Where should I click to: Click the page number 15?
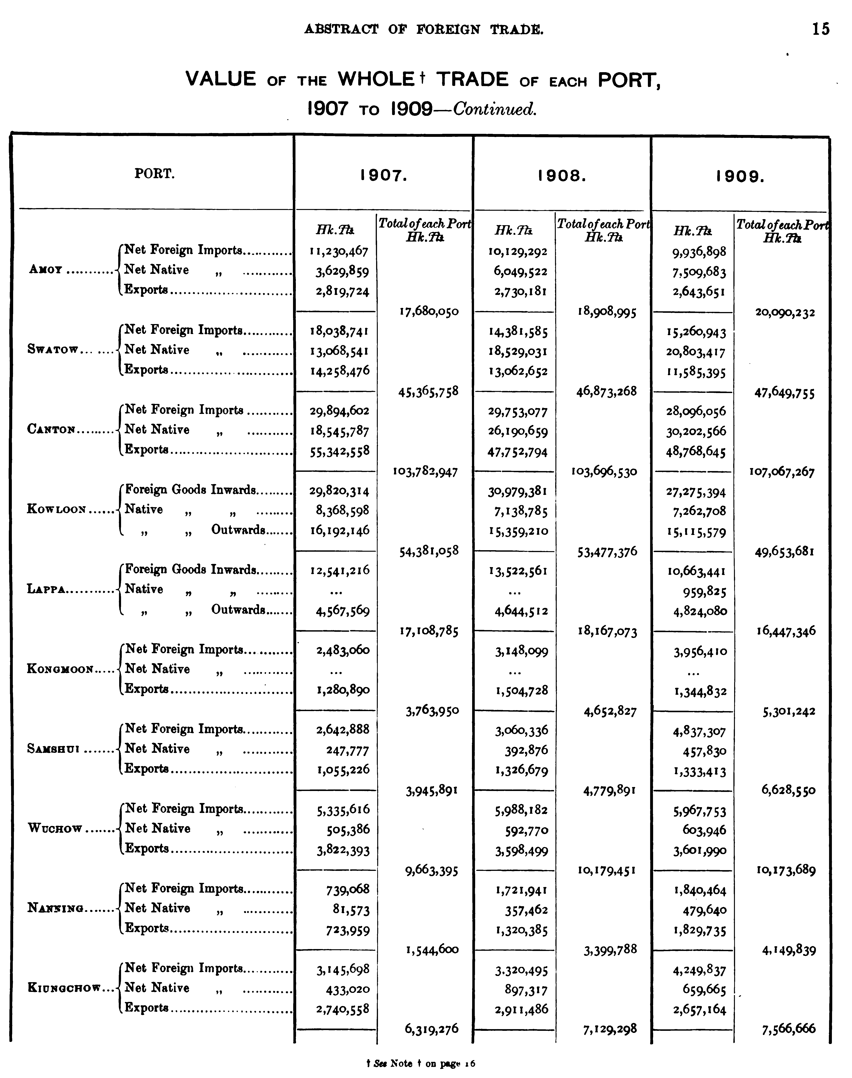click(x=821, y=29)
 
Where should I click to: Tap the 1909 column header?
click(x=740, y=176)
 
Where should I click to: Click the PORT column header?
click(x=155, y=174)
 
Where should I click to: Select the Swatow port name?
click(x=52, y=350)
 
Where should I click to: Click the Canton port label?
click(x=51, y=430)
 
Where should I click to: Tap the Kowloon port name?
click(x=56, y=509)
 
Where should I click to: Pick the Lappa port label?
click(x=46, y=589)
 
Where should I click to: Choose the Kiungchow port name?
click(x=64, y=988)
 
